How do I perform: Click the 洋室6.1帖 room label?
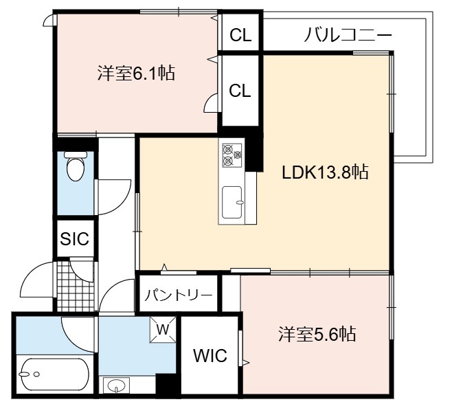click(136, 73)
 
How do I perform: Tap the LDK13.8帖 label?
click(325, 172)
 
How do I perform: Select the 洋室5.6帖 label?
click(317, 334)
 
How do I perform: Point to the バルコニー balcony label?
click(348, 35)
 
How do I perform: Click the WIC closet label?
click(210, 355)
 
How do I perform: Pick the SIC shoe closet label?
click(75, 238)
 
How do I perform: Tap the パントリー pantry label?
click(179, 295)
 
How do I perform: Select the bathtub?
click(55, 374)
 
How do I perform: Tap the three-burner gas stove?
click(231, 155)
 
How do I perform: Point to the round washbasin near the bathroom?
click(116, 385)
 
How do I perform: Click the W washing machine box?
click(163, 330)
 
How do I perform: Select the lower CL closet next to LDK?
click(240, 91)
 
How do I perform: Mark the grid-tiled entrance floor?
click(76, 286)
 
